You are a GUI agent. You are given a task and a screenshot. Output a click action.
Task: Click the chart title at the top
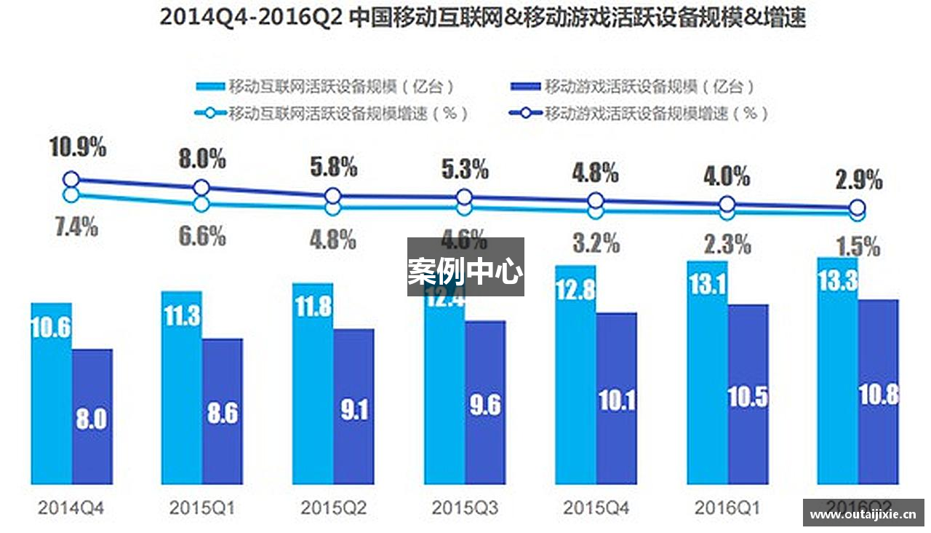[482, 18]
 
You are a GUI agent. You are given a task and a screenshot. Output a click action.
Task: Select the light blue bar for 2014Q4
[51, 393]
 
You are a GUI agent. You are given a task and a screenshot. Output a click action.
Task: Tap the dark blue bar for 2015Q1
[223, 411]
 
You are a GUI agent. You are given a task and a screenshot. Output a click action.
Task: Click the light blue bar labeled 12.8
[575, 375]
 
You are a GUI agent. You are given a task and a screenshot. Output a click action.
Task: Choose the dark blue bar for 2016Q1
[748, 394]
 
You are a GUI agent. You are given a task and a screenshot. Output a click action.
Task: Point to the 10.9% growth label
[78, 148]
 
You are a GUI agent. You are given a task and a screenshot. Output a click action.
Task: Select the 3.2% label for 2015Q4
[596, 242]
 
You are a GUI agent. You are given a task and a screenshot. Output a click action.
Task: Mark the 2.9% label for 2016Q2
[859, 178]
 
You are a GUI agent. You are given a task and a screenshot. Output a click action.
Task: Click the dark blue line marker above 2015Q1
[201, 188]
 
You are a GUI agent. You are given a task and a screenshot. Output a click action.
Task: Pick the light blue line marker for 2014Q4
[71, 194]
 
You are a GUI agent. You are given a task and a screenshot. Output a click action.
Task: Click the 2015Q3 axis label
[465, 508]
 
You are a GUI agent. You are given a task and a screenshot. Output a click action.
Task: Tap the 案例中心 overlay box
[465, 266]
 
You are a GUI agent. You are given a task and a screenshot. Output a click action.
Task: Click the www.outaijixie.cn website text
[863, 514]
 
